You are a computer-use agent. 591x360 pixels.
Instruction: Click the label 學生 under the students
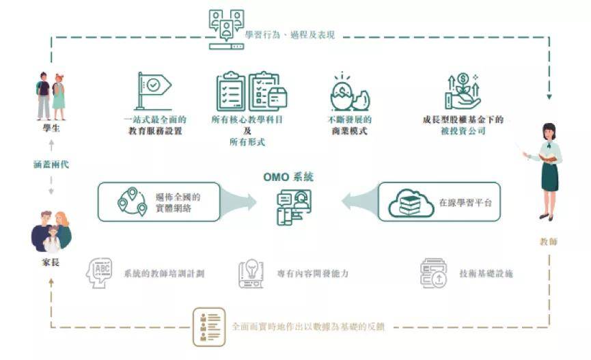click(x=51, y=128)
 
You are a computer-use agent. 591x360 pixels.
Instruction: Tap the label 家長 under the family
click(x=51, y=263)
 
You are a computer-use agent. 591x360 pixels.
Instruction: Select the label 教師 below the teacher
click(x=548, y=241)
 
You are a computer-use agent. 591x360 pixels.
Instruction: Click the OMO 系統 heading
click(x=289, y=177)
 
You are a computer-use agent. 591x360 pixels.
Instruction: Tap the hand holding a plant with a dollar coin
click(x=462, y=92)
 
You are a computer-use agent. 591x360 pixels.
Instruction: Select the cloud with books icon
click(x=411, y=202)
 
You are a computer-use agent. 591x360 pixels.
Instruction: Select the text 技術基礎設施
click(x=486, y=274)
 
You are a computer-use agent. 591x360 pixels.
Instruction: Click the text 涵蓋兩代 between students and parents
click(x=51, y=164)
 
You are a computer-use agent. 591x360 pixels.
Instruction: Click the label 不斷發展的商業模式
click(x=348, y=125)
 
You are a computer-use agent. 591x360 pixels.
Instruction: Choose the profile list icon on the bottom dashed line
click(x=208, y=326)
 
